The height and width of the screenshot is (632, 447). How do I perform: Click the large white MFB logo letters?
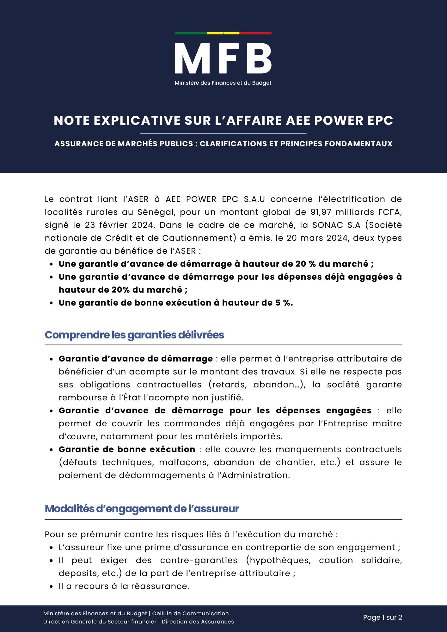[223, 59]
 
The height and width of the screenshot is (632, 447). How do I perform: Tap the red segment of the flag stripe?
[255, 33]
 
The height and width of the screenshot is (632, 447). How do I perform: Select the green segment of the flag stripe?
[191, 33]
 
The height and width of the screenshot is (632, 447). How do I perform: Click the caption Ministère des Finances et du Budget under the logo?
[223, 83]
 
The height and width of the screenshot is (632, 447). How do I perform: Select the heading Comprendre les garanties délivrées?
[134, 335]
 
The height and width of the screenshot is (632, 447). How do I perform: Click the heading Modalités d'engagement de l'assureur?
[142, 509]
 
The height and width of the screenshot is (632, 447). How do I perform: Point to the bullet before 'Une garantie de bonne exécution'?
[51, 303]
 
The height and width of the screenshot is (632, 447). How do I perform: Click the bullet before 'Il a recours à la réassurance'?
[51, 586]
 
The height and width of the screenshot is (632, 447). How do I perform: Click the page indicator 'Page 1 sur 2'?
[383, 617]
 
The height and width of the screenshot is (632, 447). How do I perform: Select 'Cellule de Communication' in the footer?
[190, 613]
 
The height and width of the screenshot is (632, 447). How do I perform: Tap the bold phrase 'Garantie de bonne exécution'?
[127, 449]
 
